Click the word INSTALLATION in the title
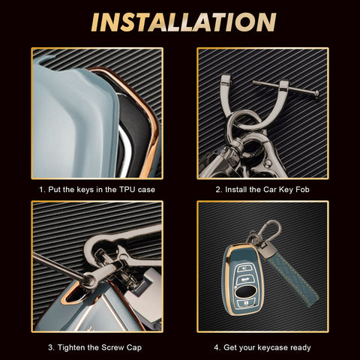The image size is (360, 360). click(x=184, y=22)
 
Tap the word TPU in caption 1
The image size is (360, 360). click(x=127, y=190)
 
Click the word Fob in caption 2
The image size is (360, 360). click(x=302, y=190)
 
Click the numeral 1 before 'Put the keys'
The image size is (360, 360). click(x=41, y=190)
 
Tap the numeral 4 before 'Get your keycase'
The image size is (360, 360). click(x=217, y=347)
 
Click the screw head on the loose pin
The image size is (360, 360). click(x=316, y=94)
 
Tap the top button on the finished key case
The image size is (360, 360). click(x=244, y=268)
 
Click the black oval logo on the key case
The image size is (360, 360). click(x=246, y=291)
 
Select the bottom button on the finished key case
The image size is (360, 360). click(x=247, y=304)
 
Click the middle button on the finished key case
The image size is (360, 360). click(x=244, y=279)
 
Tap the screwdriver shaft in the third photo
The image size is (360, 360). click(x=58, y=265)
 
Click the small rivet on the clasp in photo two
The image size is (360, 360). click(x=268, y=163)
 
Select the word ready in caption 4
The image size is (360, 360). click(x=301, y=348)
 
